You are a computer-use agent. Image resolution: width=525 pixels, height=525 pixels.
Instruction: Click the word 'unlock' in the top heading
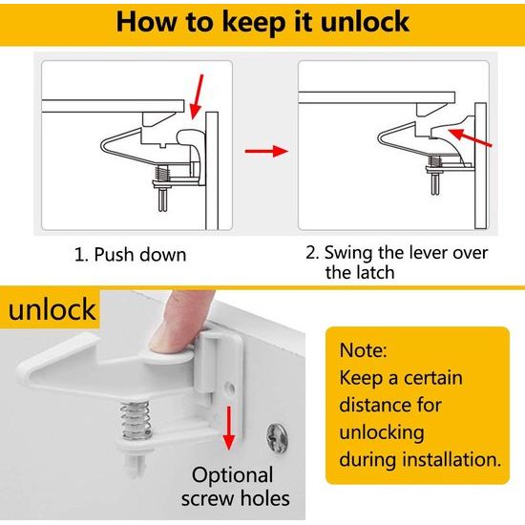365,22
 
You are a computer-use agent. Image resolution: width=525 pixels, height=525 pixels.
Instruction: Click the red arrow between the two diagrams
266,151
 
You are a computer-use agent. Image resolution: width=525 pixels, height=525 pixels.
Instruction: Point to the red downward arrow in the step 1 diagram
198,96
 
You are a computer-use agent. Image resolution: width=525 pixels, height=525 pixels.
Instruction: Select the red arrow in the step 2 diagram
470,137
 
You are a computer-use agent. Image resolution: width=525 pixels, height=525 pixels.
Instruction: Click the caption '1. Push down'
130,255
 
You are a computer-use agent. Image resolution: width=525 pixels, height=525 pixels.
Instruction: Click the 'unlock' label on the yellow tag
52,309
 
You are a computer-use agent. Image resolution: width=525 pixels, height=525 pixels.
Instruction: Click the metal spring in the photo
136,420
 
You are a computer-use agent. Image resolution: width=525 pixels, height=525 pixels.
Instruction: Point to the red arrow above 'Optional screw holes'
229,429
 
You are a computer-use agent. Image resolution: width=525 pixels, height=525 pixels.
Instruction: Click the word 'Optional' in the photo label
232,475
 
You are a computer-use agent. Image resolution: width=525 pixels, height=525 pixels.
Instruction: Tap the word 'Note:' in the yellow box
364,350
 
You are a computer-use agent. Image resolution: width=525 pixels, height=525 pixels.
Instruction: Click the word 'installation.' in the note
451,459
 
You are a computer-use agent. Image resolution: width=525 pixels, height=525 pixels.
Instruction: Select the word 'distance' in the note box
373,405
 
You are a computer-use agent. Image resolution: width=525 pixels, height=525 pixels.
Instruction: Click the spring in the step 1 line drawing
162,174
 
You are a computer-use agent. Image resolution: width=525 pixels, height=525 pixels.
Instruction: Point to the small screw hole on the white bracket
231,388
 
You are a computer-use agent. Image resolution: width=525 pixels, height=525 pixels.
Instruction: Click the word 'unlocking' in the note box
382,433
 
